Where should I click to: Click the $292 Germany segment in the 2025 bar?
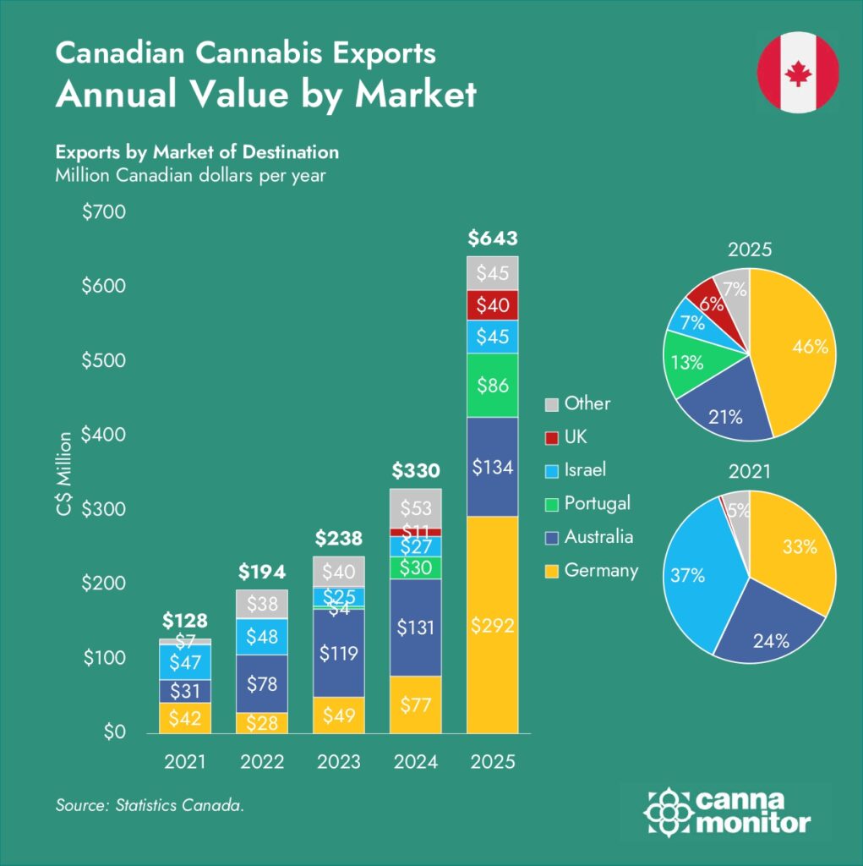(x=493, y=626)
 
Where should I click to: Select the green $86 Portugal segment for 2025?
(x=493, y=386)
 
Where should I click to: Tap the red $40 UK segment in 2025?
(x=493, y=304)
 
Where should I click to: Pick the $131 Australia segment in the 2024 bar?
(x=415, y=628)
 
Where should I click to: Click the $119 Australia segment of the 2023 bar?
(x=339, y=653)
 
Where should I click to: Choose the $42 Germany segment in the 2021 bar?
(x=185, y=718)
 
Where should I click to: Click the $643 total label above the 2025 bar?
(x=493, y=238)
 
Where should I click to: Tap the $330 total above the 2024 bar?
(x=415, y=470)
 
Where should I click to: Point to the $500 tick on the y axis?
(x=104, y=360)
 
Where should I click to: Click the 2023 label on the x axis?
(x=339, y=762)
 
